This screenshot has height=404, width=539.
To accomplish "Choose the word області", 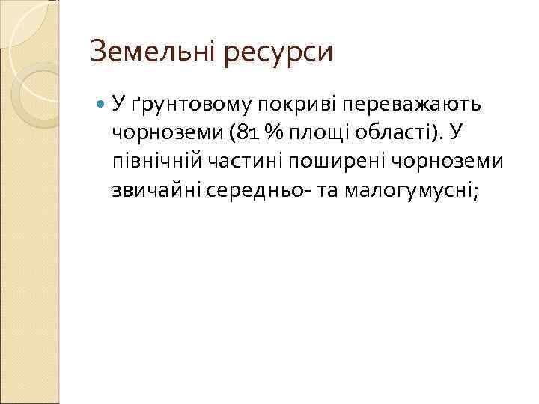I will click(399, 134).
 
